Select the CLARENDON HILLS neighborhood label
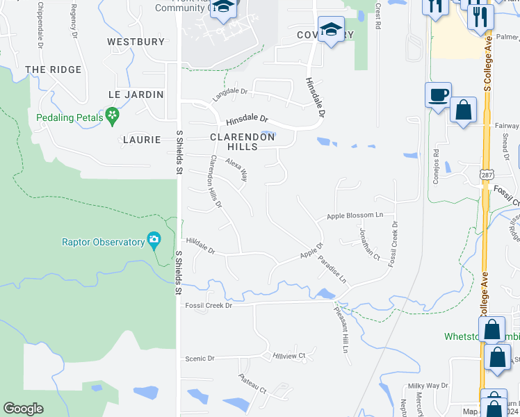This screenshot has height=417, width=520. [243, 142]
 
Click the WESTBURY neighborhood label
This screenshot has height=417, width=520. [136, 42]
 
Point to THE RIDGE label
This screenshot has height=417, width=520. [53, 69]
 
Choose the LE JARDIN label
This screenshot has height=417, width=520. [136, 94]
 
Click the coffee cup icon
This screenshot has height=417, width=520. [438, 95]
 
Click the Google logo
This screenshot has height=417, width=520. [23, 409]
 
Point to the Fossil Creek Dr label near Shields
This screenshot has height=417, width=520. [207, 305]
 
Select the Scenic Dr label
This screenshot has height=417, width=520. [200, 358]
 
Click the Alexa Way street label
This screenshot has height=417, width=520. [237, 169]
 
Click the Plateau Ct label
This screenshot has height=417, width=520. [252, 384]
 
